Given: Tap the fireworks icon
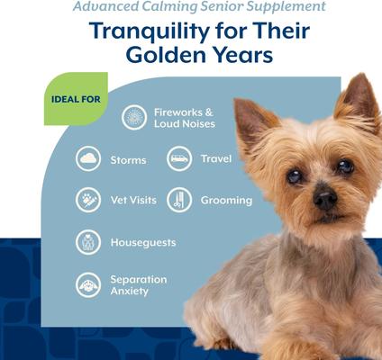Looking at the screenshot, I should click(135, 117).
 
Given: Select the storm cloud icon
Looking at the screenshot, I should click(88, 159).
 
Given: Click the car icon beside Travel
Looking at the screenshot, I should click(179, 158).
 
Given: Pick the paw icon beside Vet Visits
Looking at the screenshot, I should click(88, 200).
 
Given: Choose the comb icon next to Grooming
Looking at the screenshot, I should click(179, 200).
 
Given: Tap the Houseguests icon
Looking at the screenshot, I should click(88, 242).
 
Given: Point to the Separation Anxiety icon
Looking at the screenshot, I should click(88, 284).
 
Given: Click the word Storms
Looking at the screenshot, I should click(128, 160).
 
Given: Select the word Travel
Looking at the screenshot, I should click(216, 158).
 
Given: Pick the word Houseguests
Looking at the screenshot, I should click(142, 242).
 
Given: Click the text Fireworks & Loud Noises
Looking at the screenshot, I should click(184, 117).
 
